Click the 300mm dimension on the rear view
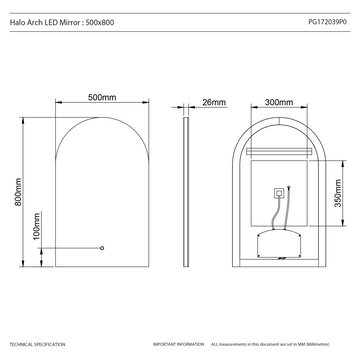[x=279, y=101]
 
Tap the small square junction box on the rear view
[x=278, y=197]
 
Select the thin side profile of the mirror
[x=186, y=190]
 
